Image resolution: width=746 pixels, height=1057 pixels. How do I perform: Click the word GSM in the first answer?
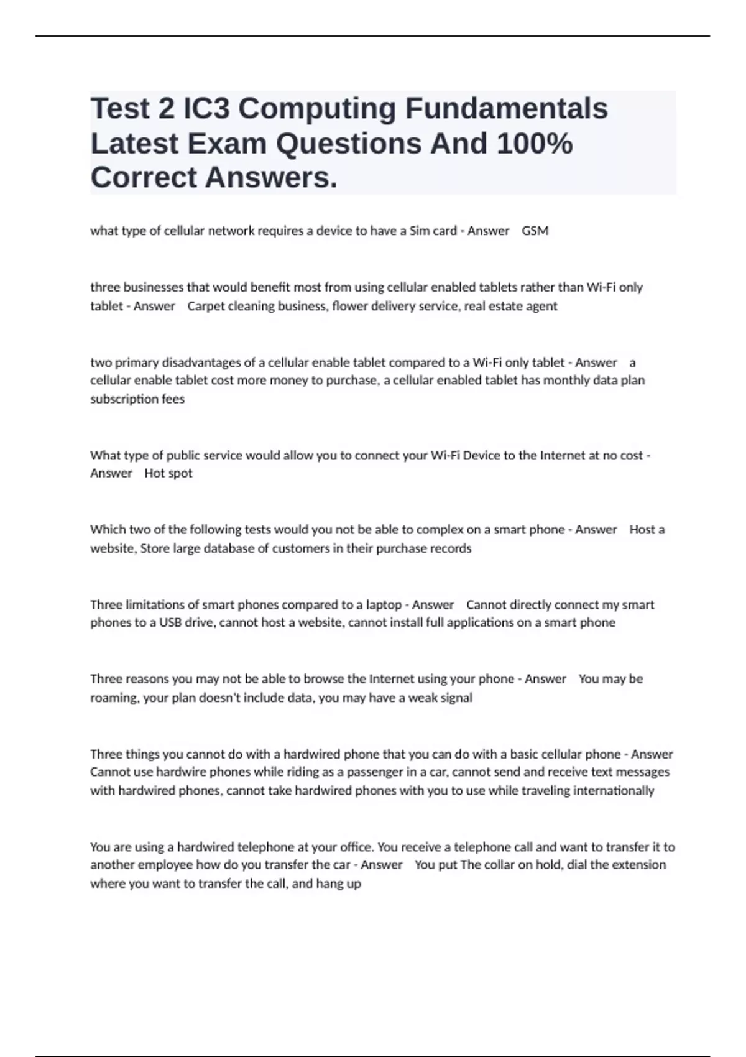[x=535, y=231]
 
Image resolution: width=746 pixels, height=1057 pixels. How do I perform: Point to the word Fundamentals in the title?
[x=507, y=108]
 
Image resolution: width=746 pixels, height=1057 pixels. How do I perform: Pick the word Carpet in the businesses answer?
[x=206, y=306]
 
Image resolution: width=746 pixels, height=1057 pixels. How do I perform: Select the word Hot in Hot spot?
[x=154, y=473]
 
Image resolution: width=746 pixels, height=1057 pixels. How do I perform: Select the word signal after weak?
[x=456, y=698]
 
